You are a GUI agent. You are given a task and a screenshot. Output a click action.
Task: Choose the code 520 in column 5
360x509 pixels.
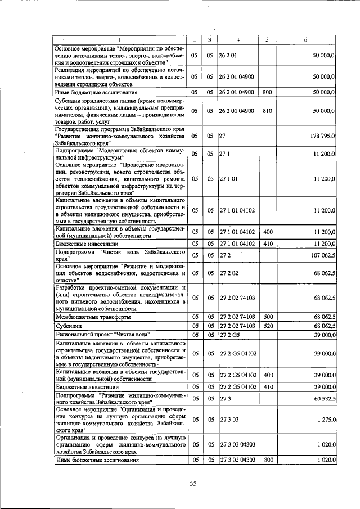[x=267, y=325]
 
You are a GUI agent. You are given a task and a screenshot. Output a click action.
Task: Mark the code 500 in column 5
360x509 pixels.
[x=267, y=317]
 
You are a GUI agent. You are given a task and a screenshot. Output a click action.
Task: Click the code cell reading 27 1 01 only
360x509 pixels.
[x=229, y=178]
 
